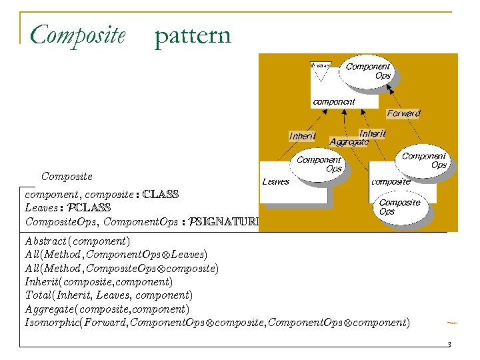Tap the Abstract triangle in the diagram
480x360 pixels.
[321, 70]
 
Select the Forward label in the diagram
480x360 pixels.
[403, 113]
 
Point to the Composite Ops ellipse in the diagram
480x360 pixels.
[400, 207]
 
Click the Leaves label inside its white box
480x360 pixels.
[275, 181]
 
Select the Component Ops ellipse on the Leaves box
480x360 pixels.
[319, 165]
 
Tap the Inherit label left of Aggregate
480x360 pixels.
[302, 136]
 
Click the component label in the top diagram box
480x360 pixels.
[333, 102]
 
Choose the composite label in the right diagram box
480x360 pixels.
[391, 181]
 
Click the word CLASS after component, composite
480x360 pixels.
[161, 195]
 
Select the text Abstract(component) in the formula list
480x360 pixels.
[77, 241]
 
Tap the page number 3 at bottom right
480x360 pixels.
[449, 344]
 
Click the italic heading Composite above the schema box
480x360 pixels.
[67, 177]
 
